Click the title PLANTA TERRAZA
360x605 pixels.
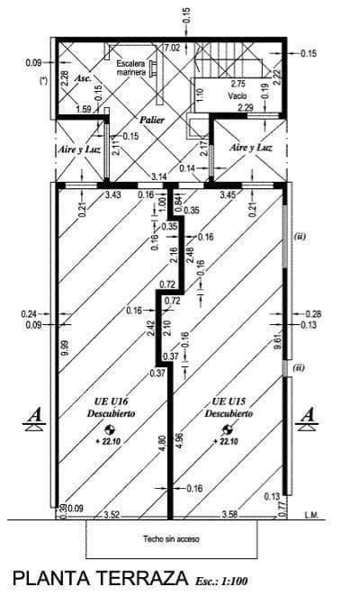pyautogui.click(x=96, y=578)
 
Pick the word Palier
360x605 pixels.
pyautogui.click(x=151, y=119)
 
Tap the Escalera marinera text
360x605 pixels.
pyautogui.click(x=132, y=69)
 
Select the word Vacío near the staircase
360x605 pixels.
pyautogui.click(x=237, y=95)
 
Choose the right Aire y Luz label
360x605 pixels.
pyautogui.click(x=252, y=147)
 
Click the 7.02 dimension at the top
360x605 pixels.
pyautogui.click(x=171, y=47)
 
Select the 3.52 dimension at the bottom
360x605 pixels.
pyautogui.click(x=112, y=515)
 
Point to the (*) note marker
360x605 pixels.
pyautogui.click(x=43, y=80)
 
